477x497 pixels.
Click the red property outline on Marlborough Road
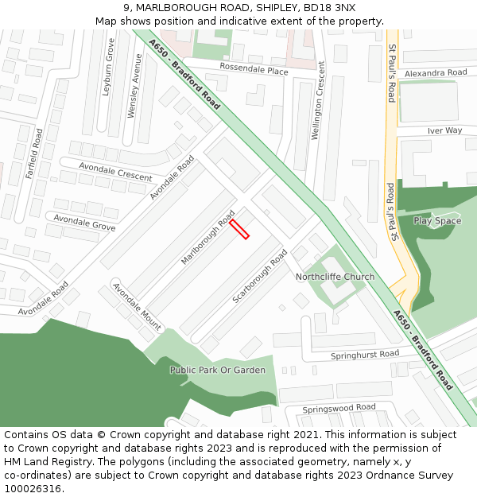[239, 229]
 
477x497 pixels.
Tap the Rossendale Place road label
[254, 71]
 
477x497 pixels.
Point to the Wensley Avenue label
[135, 86]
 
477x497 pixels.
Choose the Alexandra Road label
[435, 73]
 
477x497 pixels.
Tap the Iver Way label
[444, 130]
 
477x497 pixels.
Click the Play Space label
[437, 221]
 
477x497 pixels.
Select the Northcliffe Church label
[335, 277]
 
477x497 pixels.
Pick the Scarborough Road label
[260, 276]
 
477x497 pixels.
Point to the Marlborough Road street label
[207, 238]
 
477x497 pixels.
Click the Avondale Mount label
[137, 306]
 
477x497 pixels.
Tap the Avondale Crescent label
[116, 170]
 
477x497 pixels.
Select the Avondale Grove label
[84, 221]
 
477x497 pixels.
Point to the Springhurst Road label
[365, 353]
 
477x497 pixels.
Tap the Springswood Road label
[339, 408]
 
